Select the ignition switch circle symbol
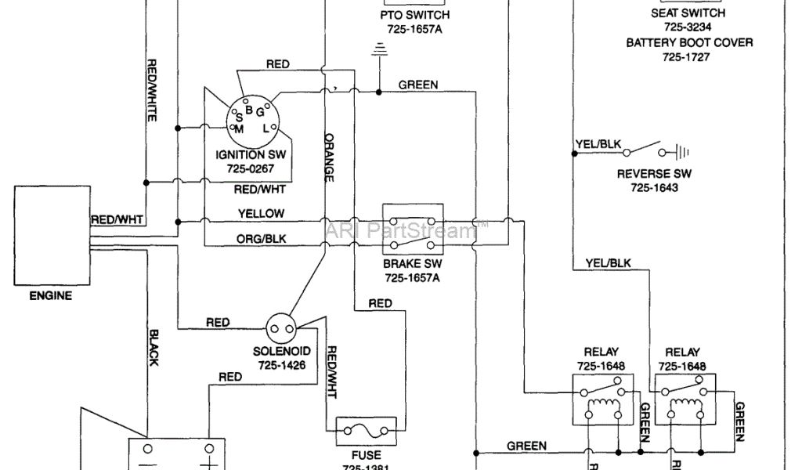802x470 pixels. [x=252, y=119]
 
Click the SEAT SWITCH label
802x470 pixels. [x=688, y=13]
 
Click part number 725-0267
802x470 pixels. [x=251, y=168]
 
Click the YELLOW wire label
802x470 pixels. [x=261, y=213]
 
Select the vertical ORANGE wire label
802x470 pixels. [x=329, y=156]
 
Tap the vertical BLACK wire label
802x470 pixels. [x=153, y=345]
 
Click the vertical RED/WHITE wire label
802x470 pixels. [x=152, y=90]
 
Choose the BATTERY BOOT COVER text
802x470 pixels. [x=689, y=42]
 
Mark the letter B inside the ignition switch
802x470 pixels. [x=249, y=109]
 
